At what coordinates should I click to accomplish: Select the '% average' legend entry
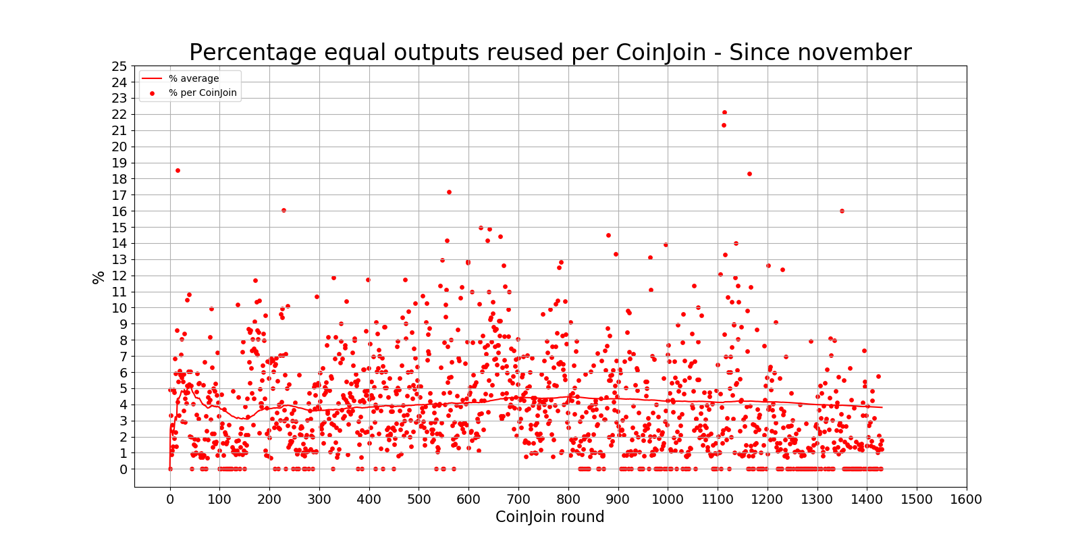[x=193, y=78]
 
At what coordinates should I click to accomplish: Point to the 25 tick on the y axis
[x=119, y=66]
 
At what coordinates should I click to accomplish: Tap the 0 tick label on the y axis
[x=123, y=469]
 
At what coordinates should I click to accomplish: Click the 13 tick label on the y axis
[x=119, y=259]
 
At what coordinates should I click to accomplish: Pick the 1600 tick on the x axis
[x=966, y=500]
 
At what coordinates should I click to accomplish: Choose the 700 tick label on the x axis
[x=518, y=500]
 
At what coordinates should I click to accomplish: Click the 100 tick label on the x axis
[x=219, y=500]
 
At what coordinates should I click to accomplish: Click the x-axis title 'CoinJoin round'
[x=549, y=517]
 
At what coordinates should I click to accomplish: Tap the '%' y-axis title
[x=99, y=277]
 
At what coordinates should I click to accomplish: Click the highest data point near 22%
[x=724, y=112]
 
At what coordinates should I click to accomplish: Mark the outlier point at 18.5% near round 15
[x=178, y=170]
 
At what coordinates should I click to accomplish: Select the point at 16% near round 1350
[x=842, y=211]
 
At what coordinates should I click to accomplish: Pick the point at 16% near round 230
[x=284, y=210]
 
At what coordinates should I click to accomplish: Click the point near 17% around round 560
[x=449, y=192]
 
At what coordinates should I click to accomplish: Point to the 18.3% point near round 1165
[x=749, y=174]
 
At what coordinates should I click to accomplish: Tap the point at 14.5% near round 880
[x=608, y=235]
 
